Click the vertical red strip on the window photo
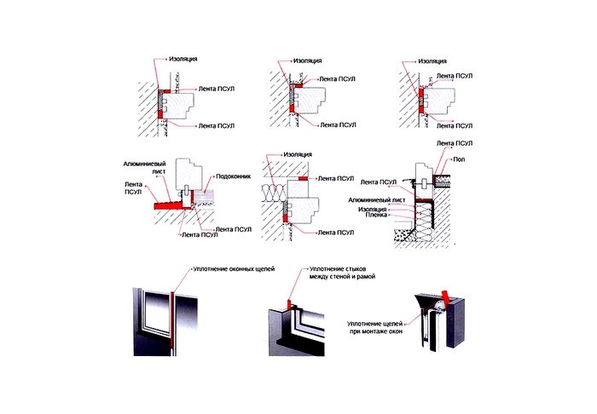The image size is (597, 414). (171, 319)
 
